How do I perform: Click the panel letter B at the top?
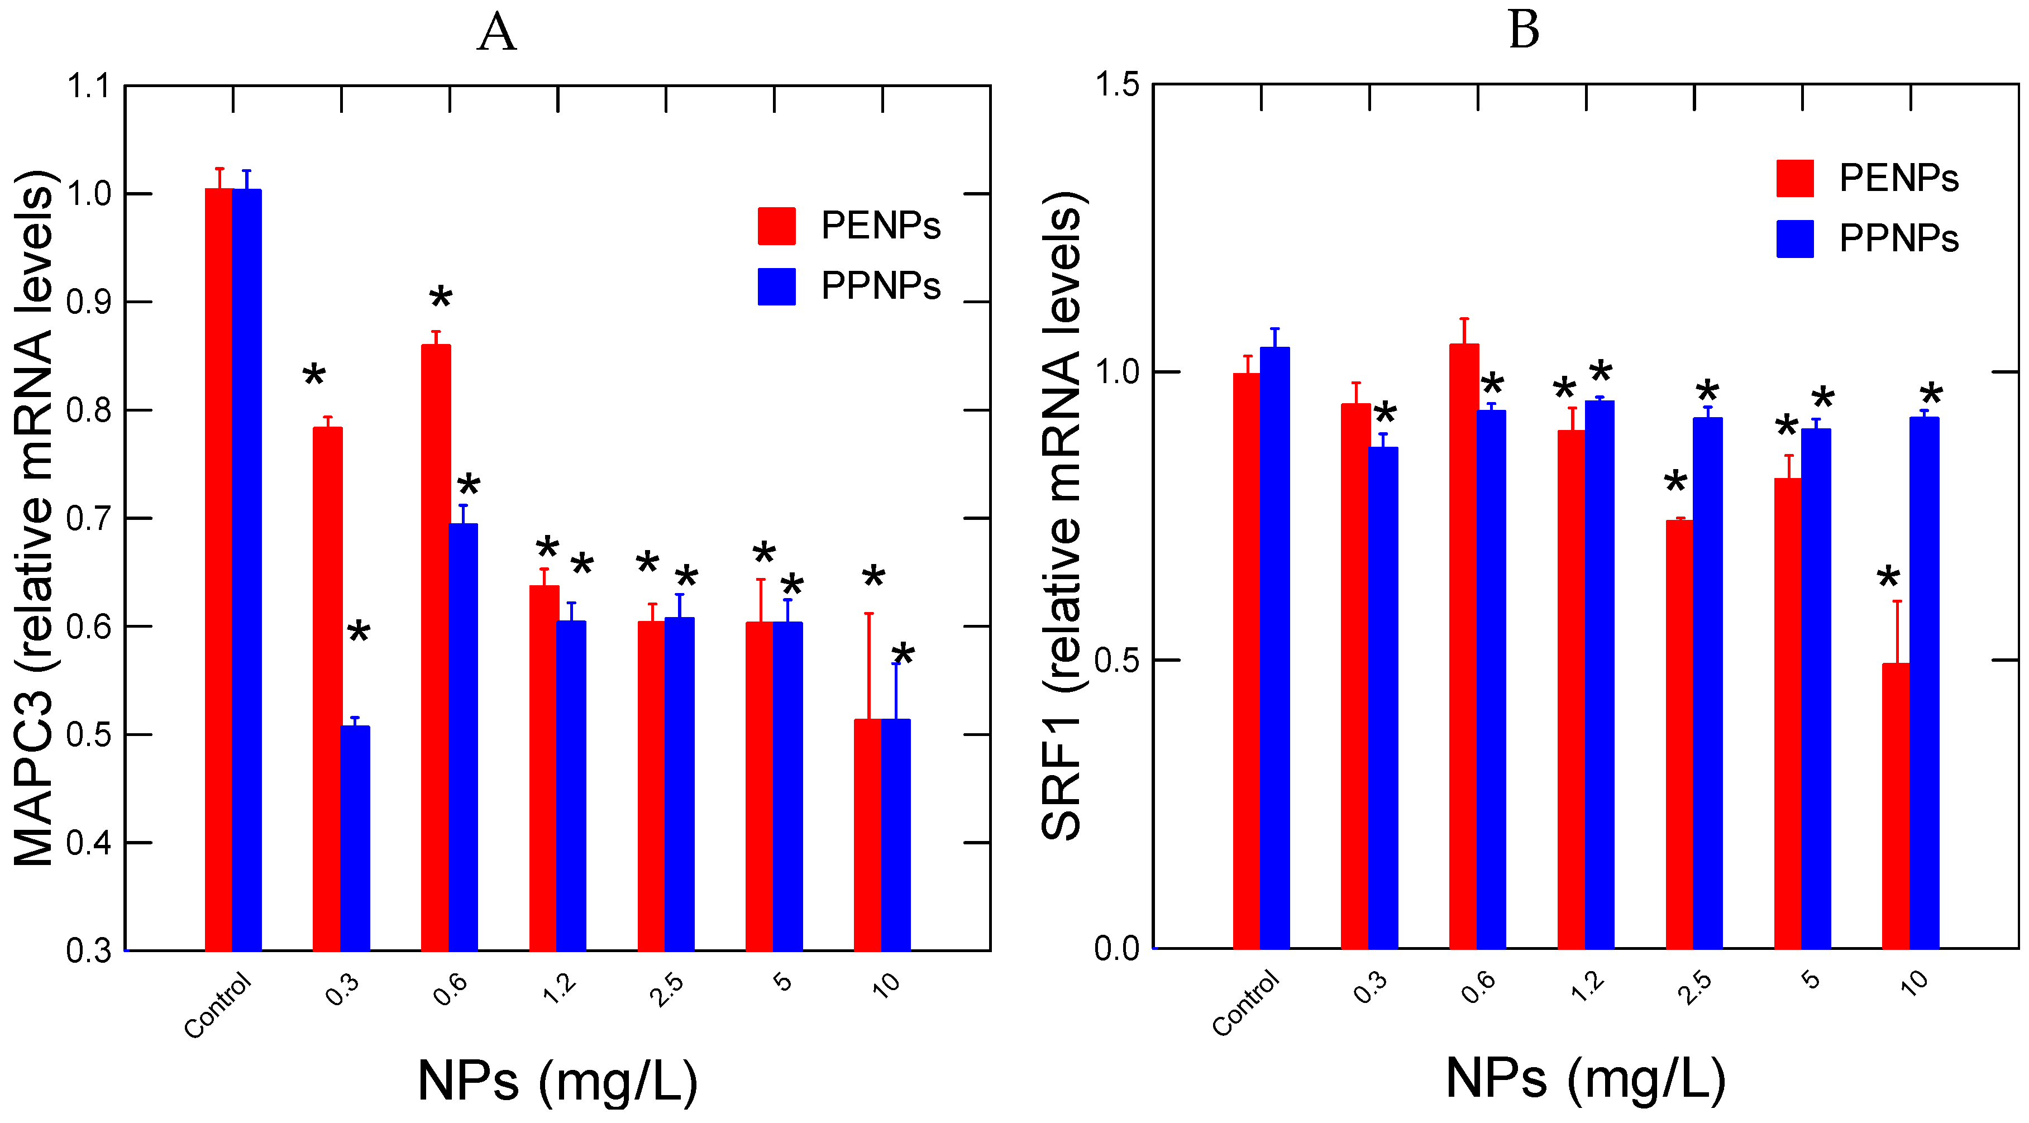click(1524, 31)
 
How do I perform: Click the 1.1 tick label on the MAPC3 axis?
click(88, 87)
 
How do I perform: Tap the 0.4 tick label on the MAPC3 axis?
click(88, 843)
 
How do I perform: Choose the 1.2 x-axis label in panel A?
click(559, 988)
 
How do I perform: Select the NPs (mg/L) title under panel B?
click(1586, 1078)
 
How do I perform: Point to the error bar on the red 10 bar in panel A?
click(869, 666)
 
